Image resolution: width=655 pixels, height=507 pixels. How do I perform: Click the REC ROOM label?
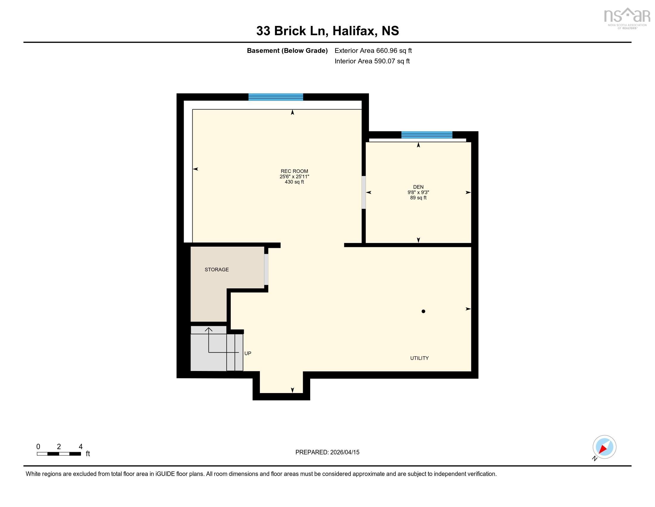pyautogui.click(x=294, y=171)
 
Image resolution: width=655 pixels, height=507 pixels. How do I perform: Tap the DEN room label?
pyautogui.click(x=418, y=187)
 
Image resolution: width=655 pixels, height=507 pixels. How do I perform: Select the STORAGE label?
pyautogui.click(x=216, y=269)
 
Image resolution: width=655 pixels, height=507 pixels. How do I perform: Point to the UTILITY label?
pyautogui.click(x=419, y=358)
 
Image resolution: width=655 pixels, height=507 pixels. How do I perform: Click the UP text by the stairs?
pyautogui.click(x=247, y=353)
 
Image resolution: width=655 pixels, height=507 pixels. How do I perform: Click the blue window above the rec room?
pyautogui.click(x=275, y=97)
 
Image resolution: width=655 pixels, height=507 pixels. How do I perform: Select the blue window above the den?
pyautogui.click(x=426, y=135)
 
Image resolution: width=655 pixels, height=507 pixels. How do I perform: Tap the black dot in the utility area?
pyautogui.click(x=423, y=311)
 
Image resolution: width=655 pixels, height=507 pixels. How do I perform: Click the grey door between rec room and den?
pyautogui.click(x=363, y=192)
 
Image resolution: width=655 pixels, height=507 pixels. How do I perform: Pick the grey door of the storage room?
pyautogui.click(x=266, y=269)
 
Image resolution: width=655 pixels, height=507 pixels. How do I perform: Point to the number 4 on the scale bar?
pyautogui.click(x=80, y=447)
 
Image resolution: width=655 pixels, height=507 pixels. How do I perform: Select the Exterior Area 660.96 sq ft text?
pyautogui.click(x=373, y=50)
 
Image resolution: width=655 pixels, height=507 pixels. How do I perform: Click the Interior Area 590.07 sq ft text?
pyautogui.click(x=372, y=61)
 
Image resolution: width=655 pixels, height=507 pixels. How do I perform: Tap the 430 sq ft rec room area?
pyautogui.click(x=294, y=182)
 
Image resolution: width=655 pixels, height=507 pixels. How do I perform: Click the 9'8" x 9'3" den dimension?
pyautogui.click(x=418, y=192)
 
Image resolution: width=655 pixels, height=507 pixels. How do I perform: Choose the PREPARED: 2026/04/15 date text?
pyautogui.click(x=327, y=452)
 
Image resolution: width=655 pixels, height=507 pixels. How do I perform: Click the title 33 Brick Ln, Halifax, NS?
pyautogui.click(x=327, y=31)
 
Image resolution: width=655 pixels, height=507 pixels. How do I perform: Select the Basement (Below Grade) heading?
pyautogui.click(x=287, y=50)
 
